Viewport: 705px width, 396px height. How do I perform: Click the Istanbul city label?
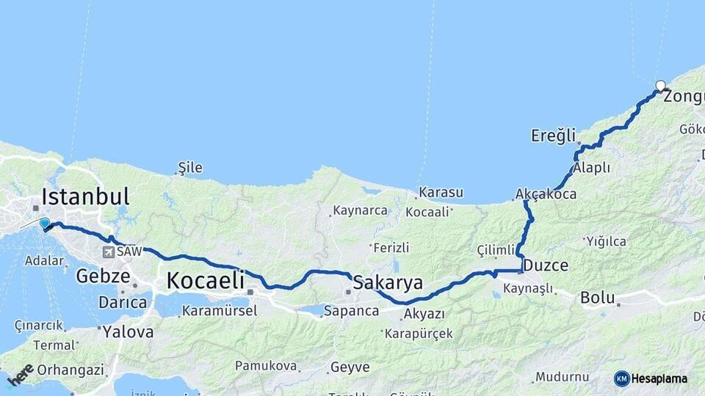pyautogui.click(x=85, y=197)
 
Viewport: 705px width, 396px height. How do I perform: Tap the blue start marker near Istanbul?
pyautogui.click(x=45, y=224)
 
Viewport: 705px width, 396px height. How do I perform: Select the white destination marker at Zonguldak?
pyautogui.click(x=660, y=85)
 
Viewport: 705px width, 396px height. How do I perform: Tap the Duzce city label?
pyautogui.click(x=544, y=265)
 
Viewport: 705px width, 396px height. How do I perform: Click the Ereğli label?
pyautogui.click(x=553, y=135)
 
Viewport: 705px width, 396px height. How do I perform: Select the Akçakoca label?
pyautogui.click(x=546, y=194)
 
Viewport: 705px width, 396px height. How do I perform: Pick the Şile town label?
pyautogui.click(x=190, y=168)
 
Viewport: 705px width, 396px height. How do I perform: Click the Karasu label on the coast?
pyautogui.click(x=441, y=193)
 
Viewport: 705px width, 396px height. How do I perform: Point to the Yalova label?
pyautogui.click(x=128, y=331)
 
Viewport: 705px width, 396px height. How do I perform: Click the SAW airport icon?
pyautogui.click(x=109, y=252)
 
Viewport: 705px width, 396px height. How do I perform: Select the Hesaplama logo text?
pyautogui.click(x=659, y=378)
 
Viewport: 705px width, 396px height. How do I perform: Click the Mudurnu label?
pyautogui.click(x=562, y=376)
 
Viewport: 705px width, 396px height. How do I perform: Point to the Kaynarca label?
pyautogui.click(x=360, y=210)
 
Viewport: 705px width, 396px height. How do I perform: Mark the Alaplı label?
pyautogui.click(x=592, y=167)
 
